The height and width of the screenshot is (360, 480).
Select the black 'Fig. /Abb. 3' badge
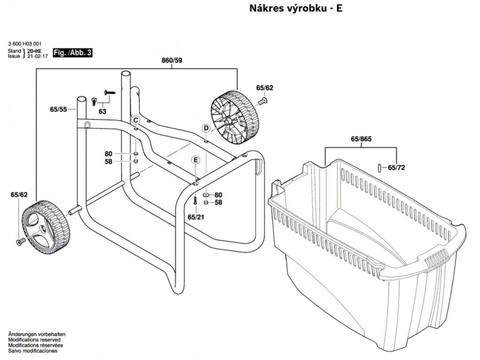pos(72,52)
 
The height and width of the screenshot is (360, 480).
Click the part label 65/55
pos(58,109)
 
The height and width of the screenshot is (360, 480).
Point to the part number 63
pos(102,112)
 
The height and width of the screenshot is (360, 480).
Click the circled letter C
pos(135,119)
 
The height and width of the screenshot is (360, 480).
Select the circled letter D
pos(206,128)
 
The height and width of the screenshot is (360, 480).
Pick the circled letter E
pos(195,160)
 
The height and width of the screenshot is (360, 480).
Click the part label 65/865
pos(361,140)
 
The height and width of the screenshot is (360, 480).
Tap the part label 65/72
pos(396,167)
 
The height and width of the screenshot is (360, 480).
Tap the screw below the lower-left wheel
pos(20,241)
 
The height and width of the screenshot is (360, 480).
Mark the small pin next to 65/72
pos(379,167)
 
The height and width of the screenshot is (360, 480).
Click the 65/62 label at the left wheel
pos(19,195)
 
